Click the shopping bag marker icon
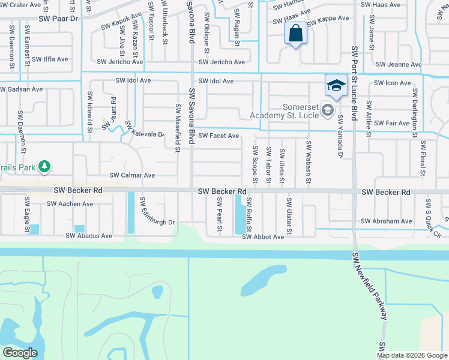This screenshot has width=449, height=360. pyautogui.click(x=296, y=34)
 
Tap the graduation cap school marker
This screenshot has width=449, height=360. pyautogui.click(x=336, y=85)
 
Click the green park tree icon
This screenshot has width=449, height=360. pyautogui.click(x=44, y=166)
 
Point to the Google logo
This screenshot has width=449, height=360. pyautogui.click(x=20, y=353)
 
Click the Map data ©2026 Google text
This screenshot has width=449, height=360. pyautogui.click(x=412, y=355)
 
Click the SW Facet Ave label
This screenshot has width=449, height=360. pyautogui.click(x=219, y=136)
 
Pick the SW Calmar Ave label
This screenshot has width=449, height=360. pyautogui.click(x=132, y=176)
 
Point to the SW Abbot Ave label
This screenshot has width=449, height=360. pyautogui.click(x=263, y=237)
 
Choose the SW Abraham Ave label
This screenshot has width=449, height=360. pyautogui.click(x=387, y=221)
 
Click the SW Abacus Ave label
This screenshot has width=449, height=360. pyautogui.click(x=89, y=236)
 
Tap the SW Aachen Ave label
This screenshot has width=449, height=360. pyautogui.click(x=70, y=204)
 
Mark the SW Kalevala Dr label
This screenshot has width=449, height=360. pyautogui.click(x=143, y=131)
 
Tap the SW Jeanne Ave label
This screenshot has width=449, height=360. pyautogui.click(x=399, y=65)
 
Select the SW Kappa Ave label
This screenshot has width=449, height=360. pyautogui.click(x=328, y=19)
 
